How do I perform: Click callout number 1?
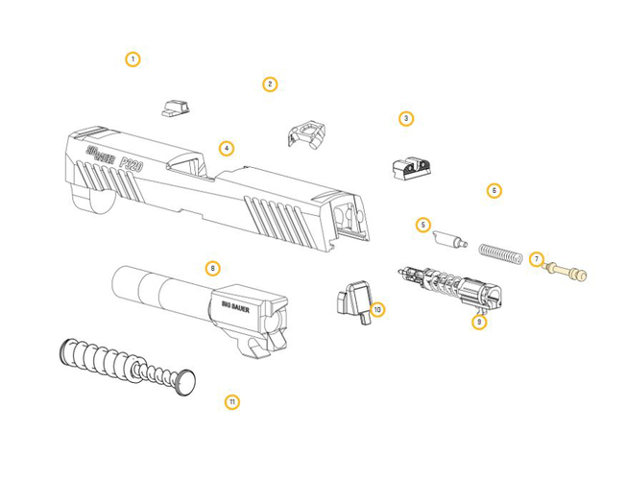pos(133,60)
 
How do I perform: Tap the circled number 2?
pos(270,84)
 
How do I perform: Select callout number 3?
pos(406,119)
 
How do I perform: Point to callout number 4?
pos(227,149)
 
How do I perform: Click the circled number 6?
pos(494,191)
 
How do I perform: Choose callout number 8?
pos(213,268)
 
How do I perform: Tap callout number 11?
pos(232,401)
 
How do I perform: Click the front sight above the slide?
pos(176,108)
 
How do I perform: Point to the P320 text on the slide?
pos(132,163)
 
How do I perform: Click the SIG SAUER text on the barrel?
pos(235,307)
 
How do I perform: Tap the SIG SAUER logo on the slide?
pos(101,155)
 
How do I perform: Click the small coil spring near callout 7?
pos(500,253)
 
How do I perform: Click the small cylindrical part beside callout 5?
pos(450,239)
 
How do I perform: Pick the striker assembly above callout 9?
pos(450,286)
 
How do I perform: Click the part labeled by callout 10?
pos(354,301)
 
